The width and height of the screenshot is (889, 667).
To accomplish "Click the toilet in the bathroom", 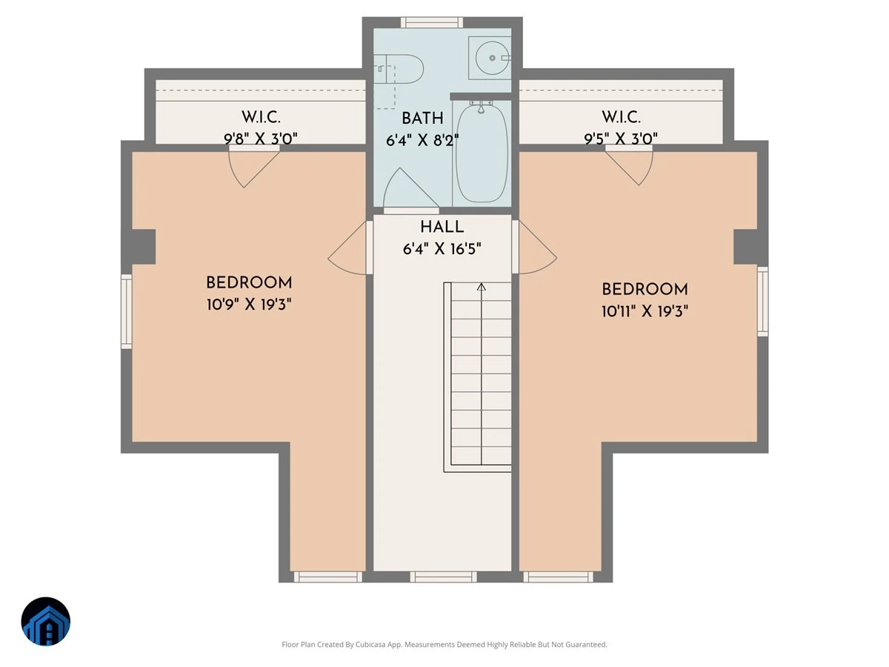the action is [x=398, y=69].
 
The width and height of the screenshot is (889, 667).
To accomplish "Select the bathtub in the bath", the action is [x=482, y=153].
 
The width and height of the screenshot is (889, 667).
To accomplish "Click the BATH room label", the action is [x=422, y=119].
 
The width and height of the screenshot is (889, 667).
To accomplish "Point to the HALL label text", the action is [x=442, y=227].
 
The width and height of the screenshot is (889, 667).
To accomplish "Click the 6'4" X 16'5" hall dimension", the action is [x=442, y=249].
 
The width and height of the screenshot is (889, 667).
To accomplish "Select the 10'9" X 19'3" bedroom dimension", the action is [x=249, y=304].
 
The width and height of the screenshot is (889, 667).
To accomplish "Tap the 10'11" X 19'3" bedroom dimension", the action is [x=645, y=311].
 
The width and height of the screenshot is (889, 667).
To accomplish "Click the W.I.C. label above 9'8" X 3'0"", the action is [x=261, y=117].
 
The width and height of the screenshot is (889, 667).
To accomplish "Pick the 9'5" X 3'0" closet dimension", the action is [x=621, y=139].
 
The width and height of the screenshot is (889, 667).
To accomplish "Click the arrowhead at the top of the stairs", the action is [x=481, y=287].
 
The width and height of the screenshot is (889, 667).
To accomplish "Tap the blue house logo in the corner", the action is [x=46, y=621].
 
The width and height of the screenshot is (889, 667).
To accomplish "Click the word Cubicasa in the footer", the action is [x=370, y=644].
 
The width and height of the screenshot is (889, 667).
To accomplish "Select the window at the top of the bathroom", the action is [x=432, y=22].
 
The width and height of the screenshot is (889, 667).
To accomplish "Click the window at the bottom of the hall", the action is [x=443, y=577].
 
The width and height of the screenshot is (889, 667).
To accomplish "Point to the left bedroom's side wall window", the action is [x=127, y=311].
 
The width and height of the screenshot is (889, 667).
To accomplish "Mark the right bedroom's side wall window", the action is [x=762, y=302].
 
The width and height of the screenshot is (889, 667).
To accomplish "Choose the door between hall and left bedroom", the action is [x=350, y=248].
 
